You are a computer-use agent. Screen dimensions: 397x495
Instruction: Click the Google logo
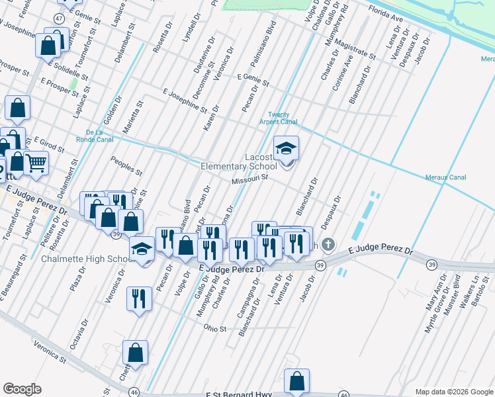coord(22,389)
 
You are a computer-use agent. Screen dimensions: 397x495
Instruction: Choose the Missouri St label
coord(249,179)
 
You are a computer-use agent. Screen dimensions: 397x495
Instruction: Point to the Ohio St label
coord(215,328)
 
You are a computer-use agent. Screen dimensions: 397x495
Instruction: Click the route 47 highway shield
coord(60,19)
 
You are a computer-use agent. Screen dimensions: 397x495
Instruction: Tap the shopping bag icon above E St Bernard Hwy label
coord(296,382)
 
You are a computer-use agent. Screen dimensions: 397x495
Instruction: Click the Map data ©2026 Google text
coord(453,392)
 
